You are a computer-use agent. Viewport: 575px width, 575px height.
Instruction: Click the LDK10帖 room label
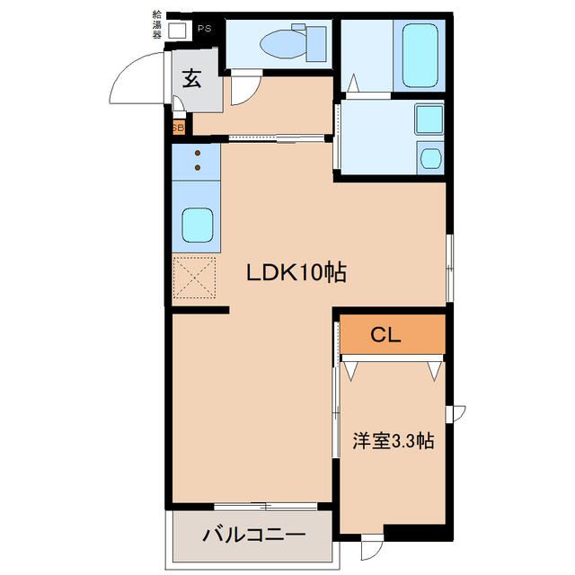pos(296,272)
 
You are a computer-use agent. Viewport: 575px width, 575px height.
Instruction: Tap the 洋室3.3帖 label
pos(394,441)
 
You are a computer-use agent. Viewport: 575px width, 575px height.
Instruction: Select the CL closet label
pos(385,334)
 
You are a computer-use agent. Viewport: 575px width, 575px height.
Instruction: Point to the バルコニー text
pos(253,535)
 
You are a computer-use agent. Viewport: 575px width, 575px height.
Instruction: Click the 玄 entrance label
pos(191,78)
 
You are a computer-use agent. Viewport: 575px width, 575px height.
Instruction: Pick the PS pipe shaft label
pos(205,29)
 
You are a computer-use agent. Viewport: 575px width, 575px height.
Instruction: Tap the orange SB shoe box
pos(179,128)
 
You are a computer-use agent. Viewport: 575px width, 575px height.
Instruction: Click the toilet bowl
pos(283,44)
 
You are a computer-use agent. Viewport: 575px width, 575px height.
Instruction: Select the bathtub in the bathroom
pos(420,56)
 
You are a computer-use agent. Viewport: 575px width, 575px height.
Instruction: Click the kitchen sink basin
pos(198,226)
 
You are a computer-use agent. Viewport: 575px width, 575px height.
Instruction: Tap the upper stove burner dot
pos(198,153)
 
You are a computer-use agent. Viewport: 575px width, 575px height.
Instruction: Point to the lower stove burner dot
pos(198,168)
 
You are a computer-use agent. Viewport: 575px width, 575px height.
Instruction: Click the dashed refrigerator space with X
pos(194,278)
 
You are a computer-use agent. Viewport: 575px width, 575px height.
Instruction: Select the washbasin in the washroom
pos(429,158)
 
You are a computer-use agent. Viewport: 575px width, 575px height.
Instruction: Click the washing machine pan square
pos(429,119)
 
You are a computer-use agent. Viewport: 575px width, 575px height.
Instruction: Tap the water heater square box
pos(178,30)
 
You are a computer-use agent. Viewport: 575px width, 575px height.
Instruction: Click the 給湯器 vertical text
pos(157,25)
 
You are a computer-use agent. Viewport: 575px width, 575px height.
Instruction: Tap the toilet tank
pos(315,43)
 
